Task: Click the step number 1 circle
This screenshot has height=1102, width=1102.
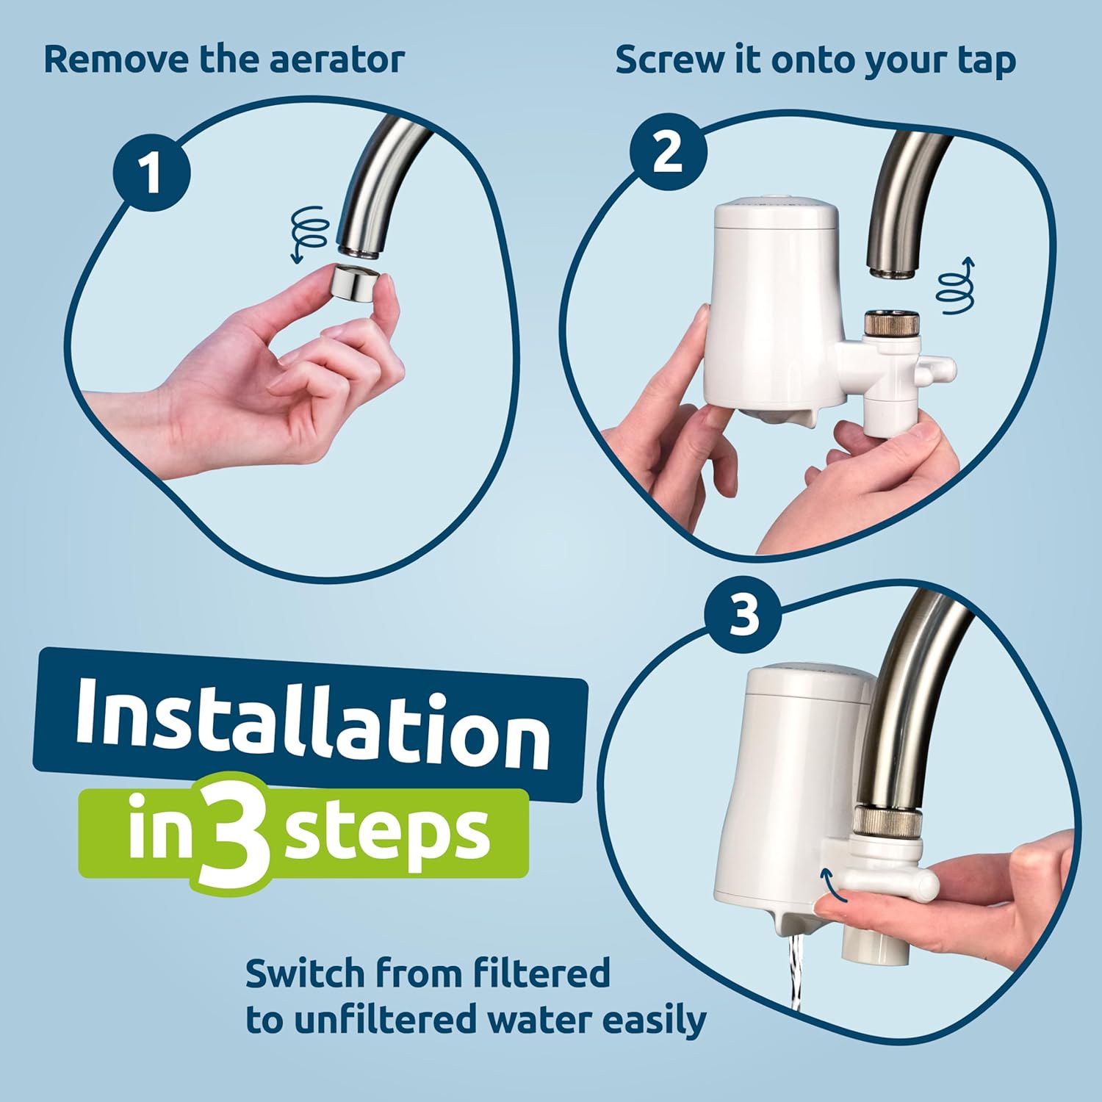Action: coord(151,173)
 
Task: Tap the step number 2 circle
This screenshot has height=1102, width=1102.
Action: coord(668,153)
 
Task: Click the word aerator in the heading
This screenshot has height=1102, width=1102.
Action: coord(336,60)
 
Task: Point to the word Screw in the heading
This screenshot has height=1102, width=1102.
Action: coord(669,60)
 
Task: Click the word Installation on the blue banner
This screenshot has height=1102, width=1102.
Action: coord(312,724)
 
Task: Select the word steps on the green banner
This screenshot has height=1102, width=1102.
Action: coord(387,834)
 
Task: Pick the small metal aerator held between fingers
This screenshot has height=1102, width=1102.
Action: coord(355,283)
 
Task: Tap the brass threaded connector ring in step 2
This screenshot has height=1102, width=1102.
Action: coord(891,324)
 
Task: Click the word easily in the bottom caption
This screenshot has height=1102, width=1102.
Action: coord(654,1020)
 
